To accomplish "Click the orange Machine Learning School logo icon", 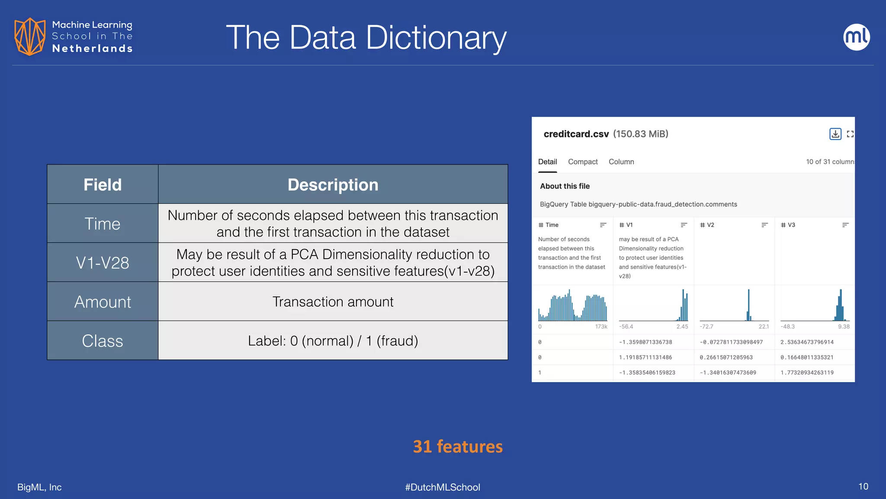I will click(x=29, y=37).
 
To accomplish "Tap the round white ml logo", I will click(x=856, y=37).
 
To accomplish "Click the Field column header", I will click(x=103, y=185).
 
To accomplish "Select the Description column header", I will click(x=333, y=185).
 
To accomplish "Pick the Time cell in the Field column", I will click(x=103, y=224).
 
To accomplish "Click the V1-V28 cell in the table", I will click(x=103, y=262).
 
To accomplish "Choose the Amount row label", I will click(x=103, y=302).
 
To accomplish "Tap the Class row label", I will click(x=103, y=341).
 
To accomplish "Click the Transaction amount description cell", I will click(x=333, y=302).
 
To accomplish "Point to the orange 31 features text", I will click(x=458, y=447).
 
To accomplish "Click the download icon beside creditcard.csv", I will click(x=835, y=134).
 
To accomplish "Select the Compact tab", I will click(x=583, y=162).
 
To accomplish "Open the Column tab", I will click(x=621, y=162).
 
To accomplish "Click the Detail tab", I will click(x=547, y=162).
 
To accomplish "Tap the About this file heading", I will click(x=565, y=186).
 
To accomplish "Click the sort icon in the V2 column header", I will click(x=764, y=225).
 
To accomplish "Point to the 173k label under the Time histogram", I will click(x=601, y=327).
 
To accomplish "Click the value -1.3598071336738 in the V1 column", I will click(x=645, y=342).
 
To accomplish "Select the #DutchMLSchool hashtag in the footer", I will click(x=443, y=487).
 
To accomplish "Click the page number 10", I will click(x=863, y=486).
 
